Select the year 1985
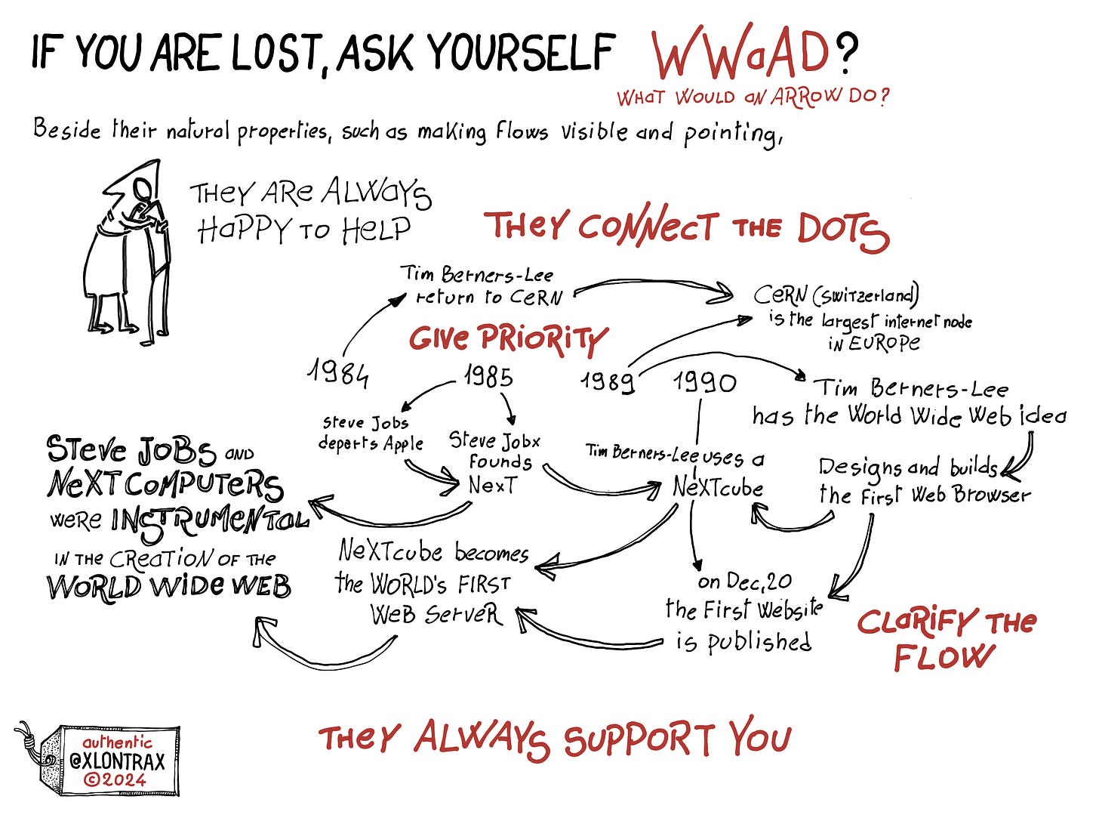point(488,375)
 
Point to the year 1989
point(607,381)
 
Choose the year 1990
point(704,383)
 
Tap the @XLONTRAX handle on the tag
point(116,761)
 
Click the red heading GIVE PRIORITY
point(507,338)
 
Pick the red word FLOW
point(943,657)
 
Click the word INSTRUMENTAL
point(209,520)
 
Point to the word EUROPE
point(873,344)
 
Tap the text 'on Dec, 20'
point(744,581)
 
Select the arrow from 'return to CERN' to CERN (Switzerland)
point(654,288)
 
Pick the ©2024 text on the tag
point(115,779)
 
